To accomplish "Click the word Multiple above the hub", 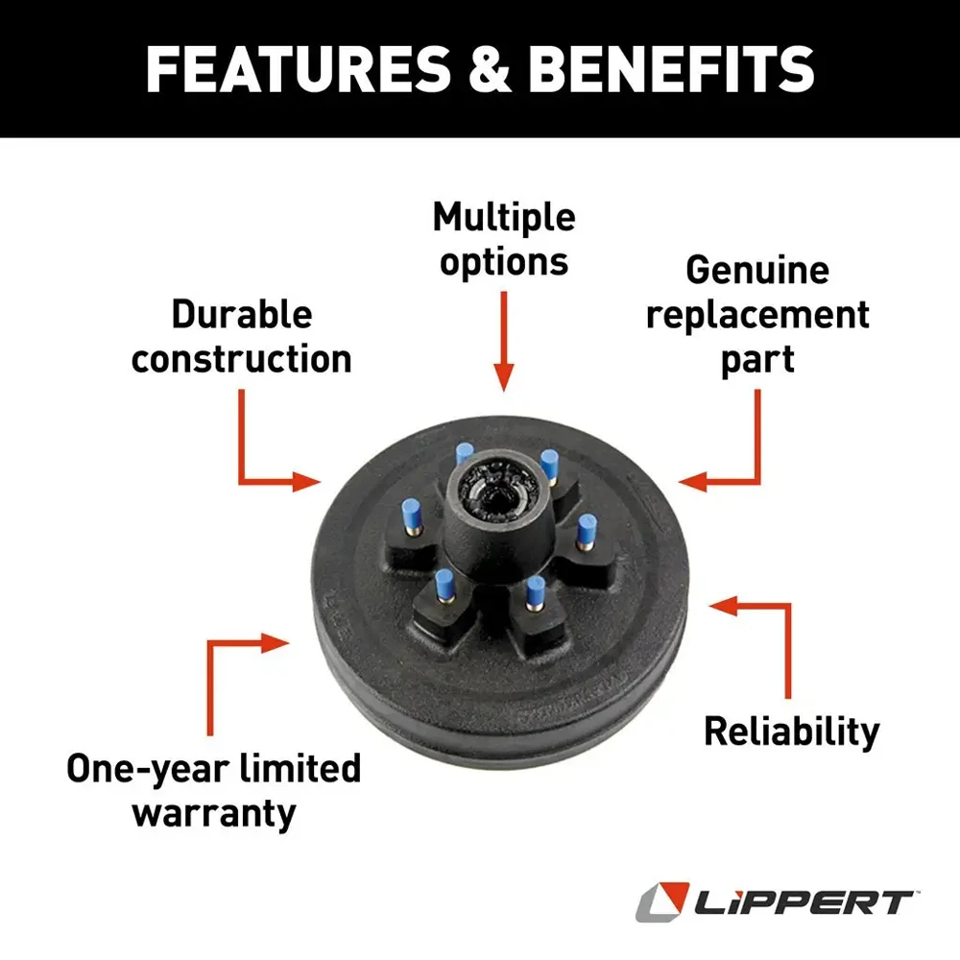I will point(504,219).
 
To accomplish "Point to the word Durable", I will point(242,314).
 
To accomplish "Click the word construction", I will point(242,358).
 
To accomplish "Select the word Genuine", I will point(757,271).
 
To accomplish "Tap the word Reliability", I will point(791,732).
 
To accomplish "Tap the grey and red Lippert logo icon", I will point(660,902).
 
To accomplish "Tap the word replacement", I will point(757,315).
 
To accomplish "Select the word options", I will point(504,263).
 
